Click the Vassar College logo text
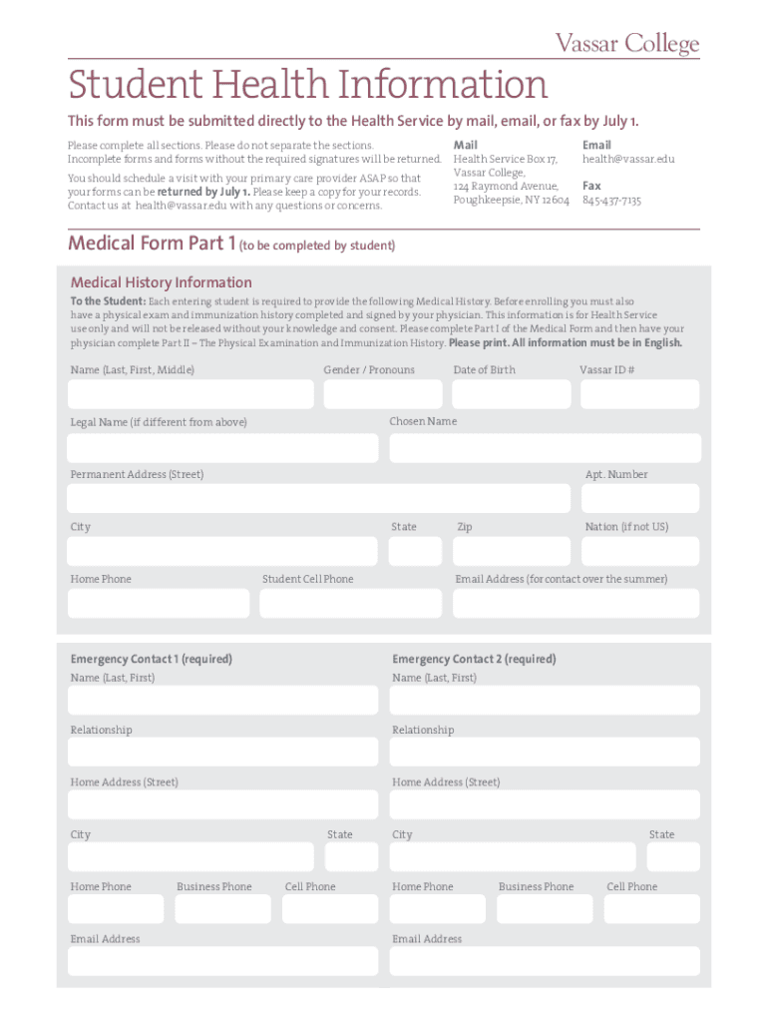coord(626,43)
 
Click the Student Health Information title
coord(307,85)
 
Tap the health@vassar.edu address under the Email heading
coord(628,159)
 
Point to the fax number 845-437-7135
coord(611,201)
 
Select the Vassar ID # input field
coord(639,394)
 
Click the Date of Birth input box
coord(511,394)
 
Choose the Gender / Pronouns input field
coord(382,394)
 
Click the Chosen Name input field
coord(545,448)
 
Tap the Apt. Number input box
coord(641,499)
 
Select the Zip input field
coord(511,551)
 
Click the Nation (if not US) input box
coord(641,551)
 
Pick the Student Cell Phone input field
coord(350,604)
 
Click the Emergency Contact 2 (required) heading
coord(474,659)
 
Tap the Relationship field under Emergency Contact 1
coord(222,752)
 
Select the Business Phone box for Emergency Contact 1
coord(222,908)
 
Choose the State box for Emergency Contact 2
coord(673,856)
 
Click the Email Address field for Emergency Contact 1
coord(222,961)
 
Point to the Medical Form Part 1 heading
coord(152,244)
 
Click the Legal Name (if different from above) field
coord(222,448)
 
